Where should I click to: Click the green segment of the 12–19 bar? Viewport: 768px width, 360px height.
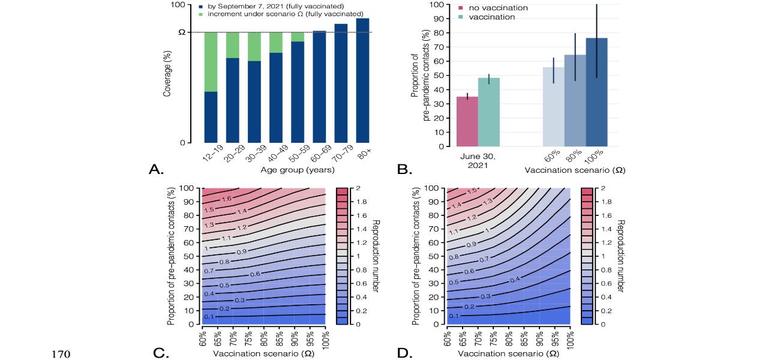pos(211,62)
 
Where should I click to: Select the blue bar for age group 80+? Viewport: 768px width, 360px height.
pos(362,80)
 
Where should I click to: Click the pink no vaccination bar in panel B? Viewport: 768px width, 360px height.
pos(467,121)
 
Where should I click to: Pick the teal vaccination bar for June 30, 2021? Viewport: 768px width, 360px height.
pos(489,112)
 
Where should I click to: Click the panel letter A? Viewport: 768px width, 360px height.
pos(156,170)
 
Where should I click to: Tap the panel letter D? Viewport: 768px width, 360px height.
pos(406,353)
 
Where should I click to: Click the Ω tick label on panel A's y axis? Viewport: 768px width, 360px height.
pos(182,32)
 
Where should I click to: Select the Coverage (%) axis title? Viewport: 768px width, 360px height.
pos(167,74)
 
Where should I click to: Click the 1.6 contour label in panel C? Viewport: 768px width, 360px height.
pos(227,199)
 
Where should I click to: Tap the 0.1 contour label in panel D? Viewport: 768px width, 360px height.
pos(454,316)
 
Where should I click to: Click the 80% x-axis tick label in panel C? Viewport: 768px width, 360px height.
pos(265,338)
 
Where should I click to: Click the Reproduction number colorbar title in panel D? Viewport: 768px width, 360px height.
pos(620,256)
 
